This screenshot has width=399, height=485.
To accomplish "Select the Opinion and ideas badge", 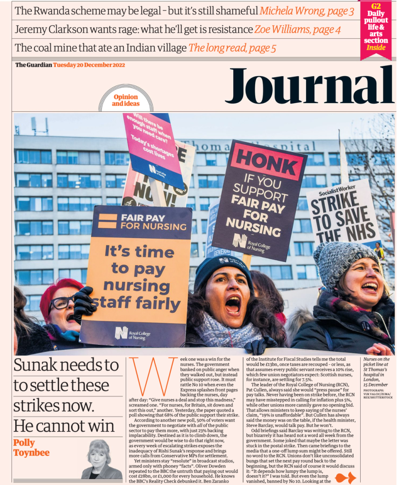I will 126,100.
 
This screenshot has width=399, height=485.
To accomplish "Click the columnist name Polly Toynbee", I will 32,448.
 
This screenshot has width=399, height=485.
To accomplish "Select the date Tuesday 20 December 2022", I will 89,65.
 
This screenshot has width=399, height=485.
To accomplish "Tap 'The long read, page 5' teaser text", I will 232,48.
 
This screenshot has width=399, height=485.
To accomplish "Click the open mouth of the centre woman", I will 232,304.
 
